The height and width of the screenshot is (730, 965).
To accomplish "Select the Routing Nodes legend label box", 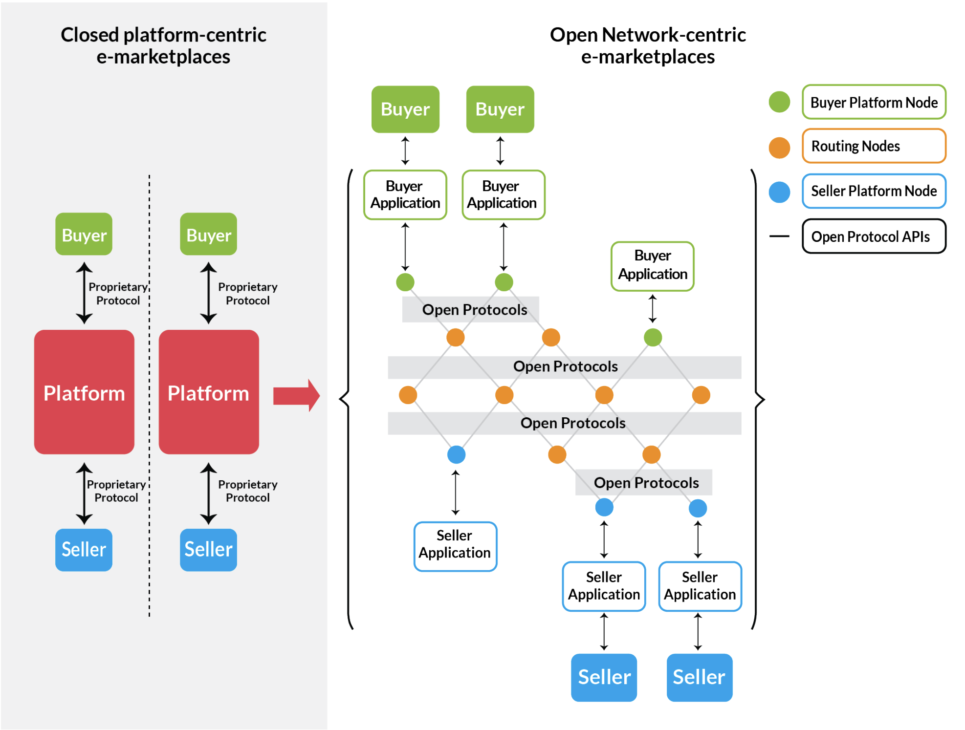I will coord(873,146).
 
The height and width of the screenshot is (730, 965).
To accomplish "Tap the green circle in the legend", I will coord(779,102).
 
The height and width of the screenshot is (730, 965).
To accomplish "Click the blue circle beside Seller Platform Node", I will coord(779,192).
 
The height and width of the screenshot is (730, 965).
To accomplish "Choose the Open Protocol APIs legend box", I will coord(873,236).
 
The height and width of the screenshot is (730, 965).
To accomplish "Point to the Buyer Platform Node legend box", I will coord(873,102).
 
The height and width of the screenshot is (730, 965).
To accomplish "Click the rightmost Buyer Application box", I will coord(652,266).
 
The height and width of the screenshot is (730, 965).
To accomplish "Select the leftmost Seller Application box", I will coord(455,546).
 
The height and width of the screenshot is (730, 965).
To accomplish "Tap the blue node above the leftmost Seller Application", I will coord(456,454).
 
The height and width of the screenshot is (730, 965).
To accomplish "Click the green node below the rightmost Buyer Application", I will coord(653,337).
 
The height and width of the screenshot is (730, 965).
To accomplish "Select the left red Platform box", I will coord(84,392).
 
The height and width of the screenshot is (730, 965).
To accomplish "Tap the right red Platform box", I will coord(209,392).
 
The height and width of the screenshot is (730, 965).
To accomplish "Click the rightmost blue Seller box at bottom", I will coord(699,677).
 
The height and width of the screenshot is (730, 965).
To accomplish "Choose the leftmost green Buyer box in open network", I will coord(405,109).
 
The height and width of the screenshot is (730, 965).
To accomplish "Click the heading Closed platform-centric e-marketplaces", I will coord(163,45).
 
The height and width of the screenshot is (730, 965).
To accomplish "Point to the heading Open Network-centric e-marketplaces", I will coord(647,45).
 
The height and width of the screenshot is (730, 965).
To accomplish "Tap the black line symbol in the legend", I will coord(779,236).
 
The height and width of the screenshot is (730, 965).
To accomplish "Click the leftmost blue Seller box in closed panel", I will coord(84,550).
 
